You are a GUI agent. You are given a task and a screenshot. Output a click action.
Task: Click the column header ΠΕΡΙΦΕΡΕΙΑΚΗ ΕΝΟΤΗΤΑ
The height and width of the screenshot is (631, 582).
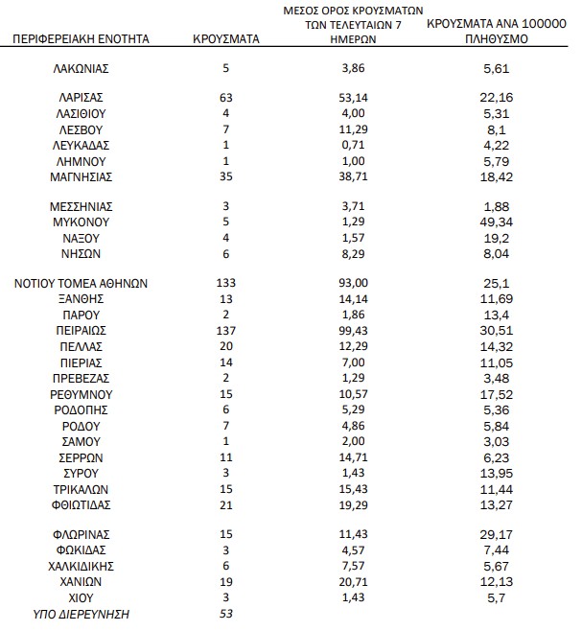pos(81,40)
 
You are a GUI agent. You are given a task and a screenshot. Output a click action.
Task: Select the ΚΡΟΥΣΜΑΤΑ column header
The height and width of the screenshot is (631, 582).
pos(221,40)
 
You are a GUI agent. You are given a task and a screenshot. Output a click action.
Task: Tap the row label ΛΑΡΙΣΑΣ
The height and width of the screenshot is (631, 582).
pos(81,98)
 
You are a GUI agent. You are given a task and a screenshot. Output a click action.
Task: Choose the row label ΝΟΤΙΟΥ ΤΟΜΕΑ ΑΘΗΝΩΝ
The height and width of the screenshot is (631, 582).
pos(81,283)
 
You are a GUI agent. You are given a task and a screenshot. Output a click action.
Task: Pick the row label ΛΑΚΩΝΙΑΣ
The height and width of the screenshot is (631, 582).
pos(81,70)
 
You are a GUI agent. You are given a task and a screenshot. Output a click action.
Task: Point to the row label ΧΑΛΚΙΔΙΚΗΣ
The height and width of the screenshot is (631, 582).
pos(81,565)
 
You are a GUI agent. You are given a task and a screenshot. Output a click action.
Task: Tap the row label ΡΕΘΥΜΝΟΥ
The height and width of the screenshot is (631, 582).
pos(81,393)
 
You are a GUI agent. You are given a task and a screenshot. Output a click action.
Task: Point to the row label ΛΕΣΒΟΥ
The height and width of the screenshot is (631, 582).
pos(81,129)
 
